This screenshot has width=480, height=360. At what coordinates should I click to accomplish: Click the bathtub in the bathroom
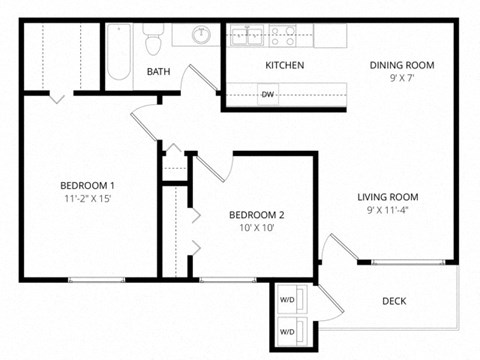(x=118, y=53)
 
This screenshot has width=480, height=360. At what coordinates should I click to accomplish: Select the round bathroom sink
(x=201, y=34)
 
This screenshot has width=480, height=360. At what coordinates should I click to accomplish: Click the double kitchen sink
(x=246, y=35)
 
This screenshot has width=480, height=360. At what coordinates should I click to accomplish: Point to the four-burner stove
(x=282, y=35)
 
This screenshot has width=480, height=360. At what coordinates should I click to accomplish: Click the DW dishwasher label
(x=268, y=96)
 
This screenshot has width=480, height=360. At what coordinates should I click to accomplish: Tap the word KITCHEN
(x=284, y=65)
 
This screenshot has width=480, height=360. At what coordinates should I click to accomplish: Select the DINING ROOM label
(x=402, y=65)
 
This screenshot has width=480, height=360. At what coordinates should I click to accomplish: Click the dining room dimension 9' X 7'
(x=402, y=78)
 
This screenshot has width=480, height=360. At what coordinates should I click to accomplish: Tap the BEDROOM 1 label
(x=87, y=185)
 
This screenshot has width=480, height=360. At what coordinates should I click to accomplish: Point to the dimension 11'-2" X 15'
(x=87, y=198)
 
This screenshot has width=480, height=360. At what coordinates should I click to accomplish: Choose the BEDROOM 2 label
(x=257, y=215)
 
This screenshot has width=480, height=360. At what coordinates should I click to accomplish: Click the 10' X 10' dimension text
(x=257, y=228)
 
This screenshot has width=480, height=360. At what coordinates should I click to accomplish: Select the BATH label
(x=159, y=72)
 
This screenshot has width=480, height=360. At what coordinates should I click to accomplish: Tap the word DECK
(x=394, y=301)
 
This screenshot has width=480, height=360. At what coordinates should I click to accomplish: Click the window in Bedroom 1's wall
(x=95, y=279)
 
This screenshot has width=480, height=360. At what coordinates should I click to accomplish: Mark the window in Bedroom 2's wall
(x=228, y=279)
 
